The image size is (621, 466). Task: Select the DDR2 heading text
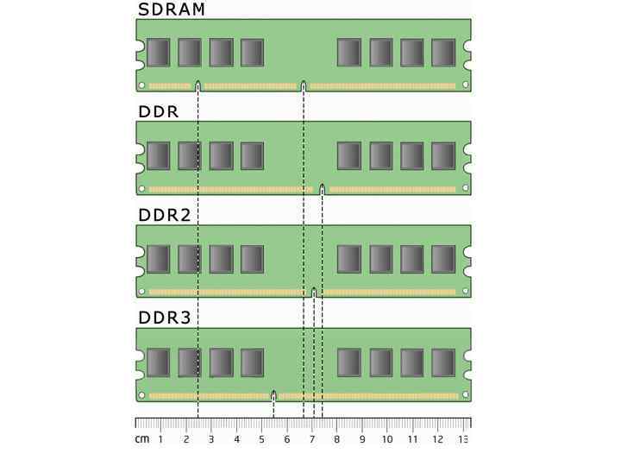(164, 215)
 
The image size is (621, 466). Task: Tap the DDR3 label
(164, 318)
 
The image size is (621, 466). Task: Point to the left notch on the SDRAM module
(198, 85)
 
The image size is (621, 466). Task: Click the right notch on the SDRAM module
(304, 85)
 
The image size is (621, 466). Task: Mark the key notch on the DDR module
(322, 188)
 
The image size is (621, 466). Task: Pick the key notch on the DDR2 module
(314, 292)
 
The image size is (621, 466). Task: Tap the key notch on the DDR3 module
(273, 395)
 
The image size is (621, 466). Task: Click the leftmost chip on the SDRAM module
(158, 53)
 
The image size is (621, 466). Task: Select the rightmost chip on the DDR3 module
(443, 362)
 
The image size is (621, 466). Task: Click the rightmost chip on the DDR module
(443, 156)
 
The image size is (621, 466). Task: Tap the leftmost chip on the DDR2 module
(158, 259)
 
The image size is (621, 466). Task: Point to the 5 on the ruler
(262, 440)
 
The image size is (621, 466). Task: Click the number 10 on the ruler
(387, 440)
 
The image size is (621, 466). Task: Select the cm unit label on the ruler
(141, 440)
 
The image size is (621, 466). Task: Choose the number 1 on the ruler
(161, 440)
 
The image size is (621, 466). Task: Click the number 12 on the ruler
(437, 440)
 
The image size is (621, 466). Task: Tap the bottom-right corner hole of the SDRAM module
(465, 85)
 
